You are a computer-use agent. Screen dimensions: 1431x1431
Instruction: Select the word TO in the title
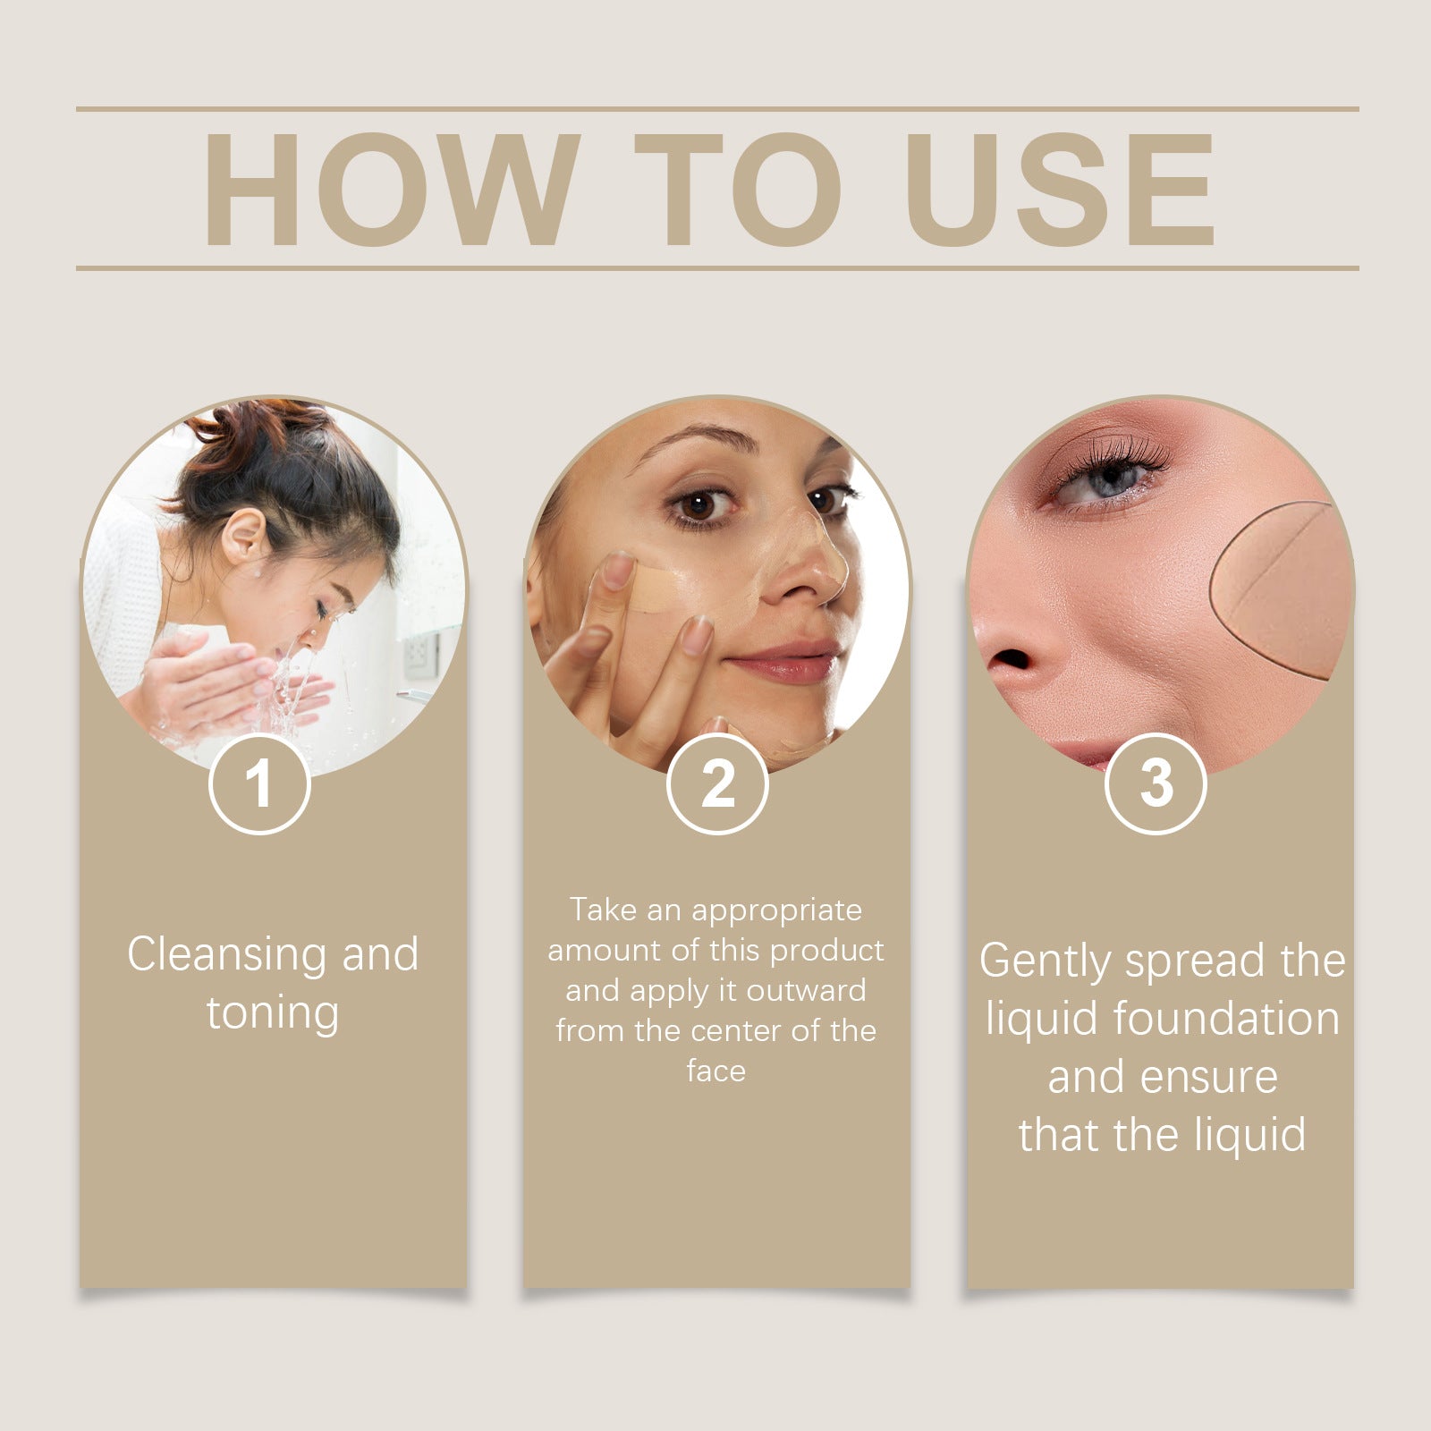[x=737, y=189]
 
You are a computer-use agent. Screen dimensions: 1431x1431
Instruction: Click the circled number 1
[x=259, y=783]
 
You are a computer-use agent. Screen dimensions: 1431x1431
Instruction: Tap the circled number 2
[x=717, y=783]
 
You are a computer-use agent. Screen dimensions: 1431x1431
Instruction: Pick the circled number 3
[x=1156, y=783]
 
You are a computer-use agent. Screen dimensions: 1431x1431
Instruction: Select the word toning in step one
[x=273, y=1012]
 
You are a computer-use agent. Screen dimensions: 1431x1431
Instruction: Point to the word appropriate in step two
[x=776, y=910]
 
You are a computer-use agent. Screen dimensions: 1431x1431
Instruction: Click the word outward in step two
[x=806, y=990]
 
